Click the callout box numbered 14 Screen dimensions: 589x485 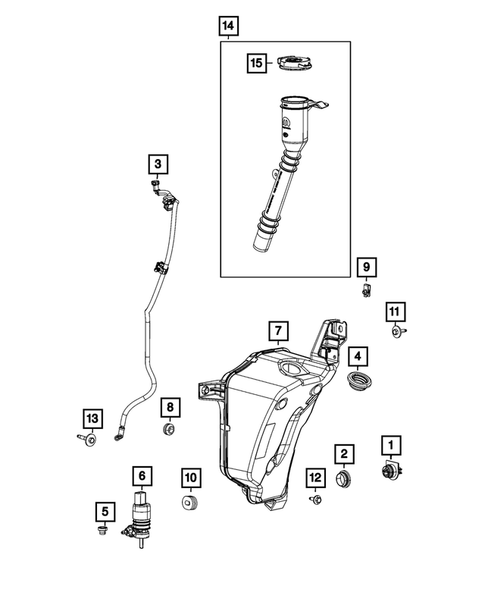(229, 24)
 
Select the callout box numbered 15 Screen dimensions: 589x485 (257, 63)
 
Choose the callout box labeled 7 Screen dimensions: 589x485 (277, 329)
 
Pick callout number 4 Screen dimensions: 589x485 (358, 355)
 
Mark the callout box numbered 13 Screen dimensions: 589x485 (92, 417)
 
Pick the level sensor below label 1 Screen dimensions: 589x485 (390, 472)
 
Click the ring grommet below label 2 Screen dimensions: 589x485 (344, 482)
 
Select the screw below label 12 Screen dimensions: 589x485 (315, 498)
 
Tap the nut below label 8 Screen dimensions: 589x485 (169, 431)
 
